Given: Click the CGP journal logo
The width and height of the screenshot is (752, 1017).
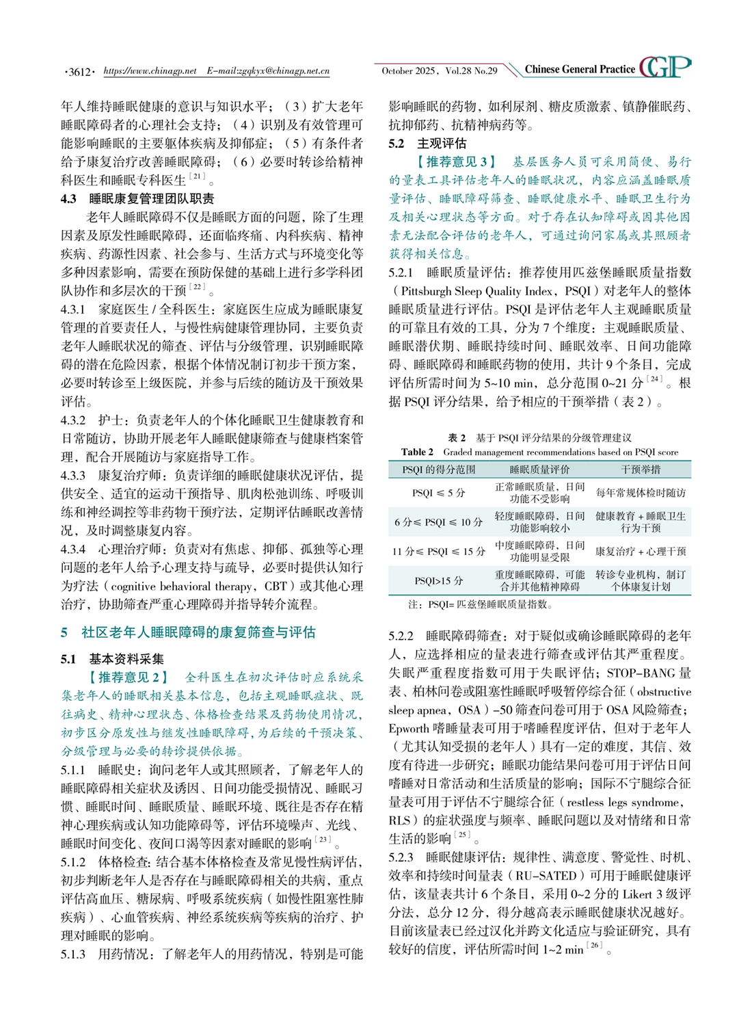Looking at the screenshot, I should [x=665, y=67].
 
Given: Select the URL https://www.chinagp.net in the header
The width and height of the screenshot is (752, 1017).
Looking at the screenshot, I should [x=150, y=70].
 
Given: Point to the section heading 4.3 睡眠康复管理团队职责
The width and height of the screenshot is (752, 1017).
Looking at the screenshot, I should [x=137, y=198].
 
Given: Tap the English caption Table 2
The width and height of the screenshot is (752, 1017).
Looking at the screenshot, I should [x=417, y=452].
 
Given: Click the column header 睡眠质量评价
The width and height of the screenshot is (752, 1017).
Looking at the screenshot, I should [x=539, y=469].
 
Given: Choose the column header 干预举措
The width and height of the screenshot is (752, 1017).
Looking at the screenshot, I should [x=641, y=469].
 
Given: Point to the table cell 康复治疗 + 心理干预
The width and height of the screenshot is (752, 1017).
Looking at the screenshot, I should [x=641, y=551].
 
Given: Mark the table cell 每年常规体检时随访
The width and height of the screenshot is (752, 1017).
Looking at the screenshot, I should [x=641, y=493].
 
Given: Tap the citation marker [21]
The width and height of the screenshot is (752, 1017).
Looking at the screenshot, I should [x=198, y=178].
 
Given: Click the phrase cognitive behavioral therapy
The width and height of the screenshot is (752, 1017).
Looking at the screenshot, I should [x=181, y=586].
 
